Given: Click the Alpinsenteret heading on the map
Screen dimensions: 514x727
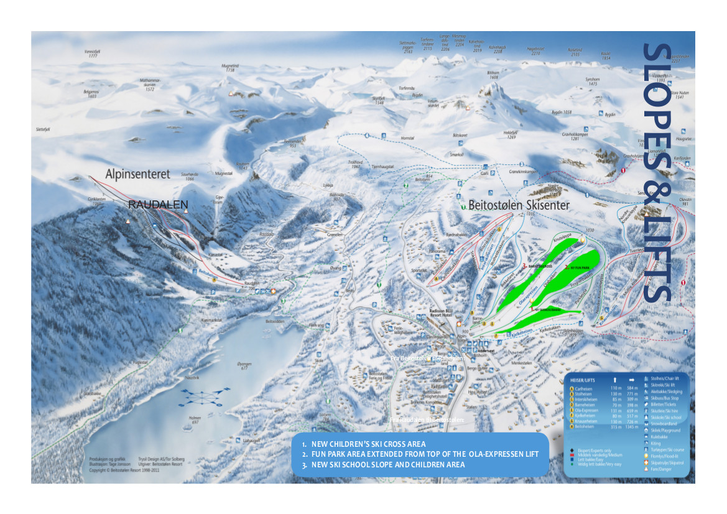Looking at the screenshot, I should click(137, 175).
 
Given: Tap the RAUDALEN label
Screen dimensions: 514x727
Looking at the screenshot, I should click(158, 204).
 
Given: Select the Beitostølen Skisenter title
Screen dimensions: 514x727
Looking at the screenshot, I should click(519, 205).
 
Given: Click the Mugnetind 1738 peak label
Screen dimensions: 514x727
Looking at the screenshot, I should click(230, 68).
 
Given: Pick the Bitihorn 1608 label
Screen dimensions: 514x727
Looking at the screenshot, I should click(493, 75).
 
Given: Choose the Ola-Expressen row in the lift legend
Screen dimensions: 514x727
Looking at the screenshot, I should click(588, 411).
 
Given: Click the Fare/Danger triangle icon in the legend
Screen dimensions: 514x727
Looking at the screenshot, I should click(647, 470).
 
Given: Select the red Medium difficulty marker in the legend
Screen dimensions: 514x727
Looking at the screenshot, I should click(570, 455).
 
